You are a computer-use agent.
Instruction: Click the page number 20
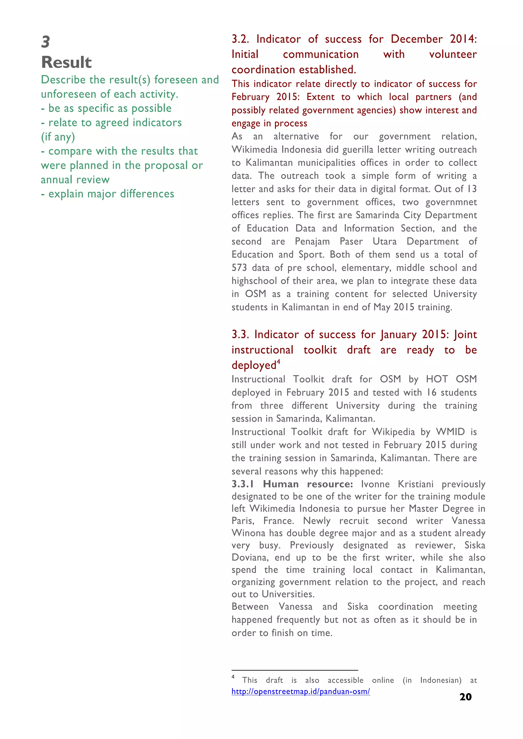pos(465,697)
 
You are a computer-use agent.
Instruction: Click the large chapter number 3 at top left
pos(46,42)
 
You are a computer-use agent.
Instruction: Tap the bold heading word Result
pos(66,62)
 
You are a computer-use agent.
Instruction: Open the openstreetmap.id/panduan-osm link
pos(301,691)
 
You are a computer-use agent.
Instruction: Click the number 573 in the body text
pos(239,268)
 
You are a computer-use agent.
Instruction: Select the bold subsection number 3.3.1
pos(243,484)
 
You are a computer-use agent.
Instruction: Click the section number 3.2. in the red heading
pos(240,39)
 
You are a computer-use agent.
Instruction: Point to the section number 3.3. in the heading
pos(240,335)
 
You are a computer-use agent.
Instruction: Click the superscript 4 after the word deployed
pos(279,361)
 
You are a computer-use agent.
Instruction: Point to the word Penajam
pos(312,242)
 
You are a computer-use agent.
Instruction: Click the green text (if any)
pos(58,137)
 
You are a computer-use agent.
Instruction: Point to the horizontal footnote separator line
pos(295,670)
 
